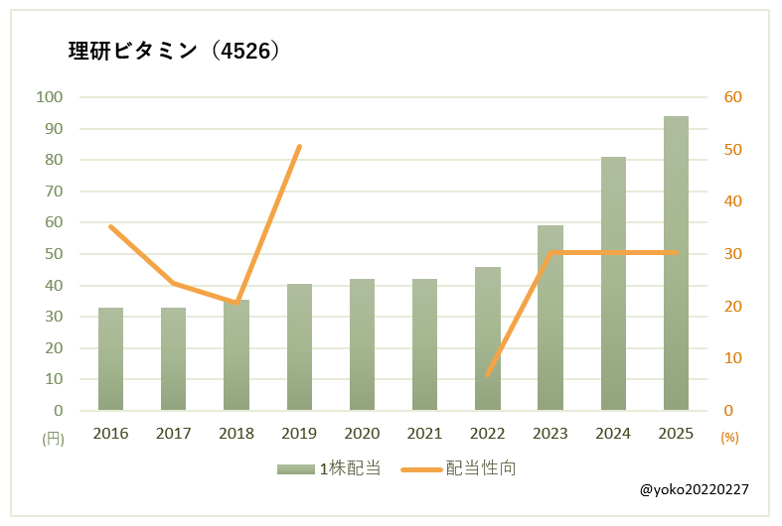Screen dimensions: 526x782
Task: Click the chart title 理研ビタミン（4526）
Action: click(174, 52)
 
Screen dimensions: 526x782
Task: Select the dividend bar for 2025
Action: click(676, 263)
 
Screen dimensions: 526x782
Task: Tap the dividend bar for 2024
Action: click(613, 283)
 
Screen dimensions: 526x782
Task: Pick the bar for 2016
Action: click(110, 358)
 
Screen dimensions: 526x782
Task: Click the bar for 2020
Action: click(362, 344)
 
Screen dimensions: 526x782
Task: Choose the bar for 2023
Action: click(550, 318)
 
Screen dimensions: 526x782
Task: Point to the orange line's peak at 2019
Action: click(300, 146)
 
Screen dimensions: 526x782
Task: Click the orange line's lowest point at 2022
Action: click(487, 374)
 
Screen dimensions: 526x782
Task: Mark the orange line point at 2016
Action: click(110, 226)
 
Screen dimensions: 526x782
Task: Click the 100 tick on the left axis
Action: click(49, 97)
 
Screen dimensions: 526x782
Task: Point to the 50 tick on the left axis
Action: click(53, 254)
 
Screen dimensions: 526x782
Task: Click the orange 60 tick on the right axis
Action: click(733, 97)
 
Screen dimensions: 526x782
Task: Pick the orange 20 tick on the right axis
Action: click(733, 307)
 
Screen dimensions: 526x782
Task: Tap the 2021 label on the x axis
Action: click(424, 434)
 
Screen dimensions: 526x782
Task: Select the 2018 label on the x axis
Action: click(236, 434)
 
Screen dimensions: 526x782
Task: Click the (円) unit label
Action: click(53, 437)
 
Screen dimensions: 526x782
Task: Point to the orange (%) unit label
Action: click(730, 437)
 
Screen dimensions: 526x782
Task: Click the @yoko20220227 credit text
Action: click(695, 490)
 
